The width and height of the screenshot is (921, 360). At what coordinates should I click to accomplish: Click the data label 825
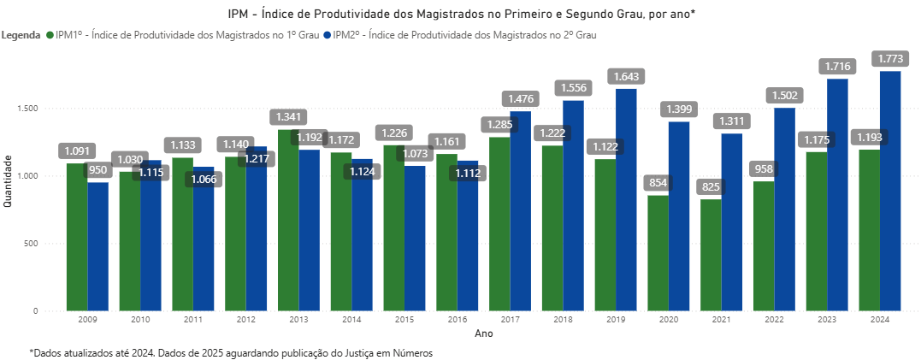[x=711, y=187]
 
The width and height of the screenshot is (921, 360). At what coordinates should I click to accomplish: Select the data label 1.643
[x=626, y=77]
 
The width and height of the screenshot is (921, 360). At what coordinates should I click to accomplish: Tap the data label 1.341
[x=288, y=117]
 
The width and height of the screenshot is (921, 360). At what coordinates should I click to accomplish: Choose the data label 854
[x=658, y=184]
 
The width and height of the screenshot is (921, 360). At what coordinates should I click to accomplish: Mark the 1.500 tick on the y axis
[x=27, y=109]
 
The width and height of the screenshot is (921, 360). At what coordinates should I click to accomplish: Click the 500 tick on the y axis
[x=30, y=244]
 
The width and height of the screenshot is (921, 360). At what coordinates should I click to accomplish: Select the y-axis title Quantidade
[x=8, y=180]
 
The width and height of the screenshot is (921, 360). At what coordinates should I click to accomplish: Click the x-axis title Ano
[x=483, y=334]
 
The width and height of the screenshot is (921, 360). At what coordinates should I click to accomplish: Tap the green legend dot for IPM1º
[x=49, y=36]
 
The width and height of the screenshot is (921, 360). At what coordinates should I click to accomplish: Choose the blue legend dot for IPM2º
[x=328, y=36]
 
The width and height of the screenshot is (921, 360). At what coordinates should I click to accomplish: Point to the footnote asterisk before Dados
[x=32, y=351]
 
